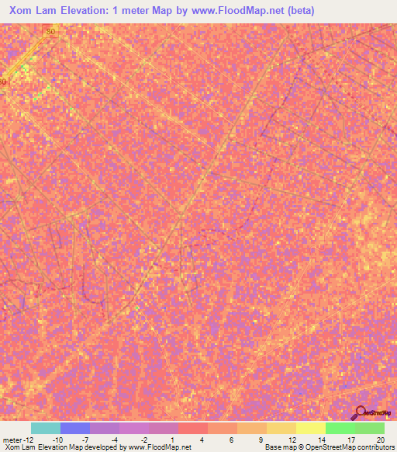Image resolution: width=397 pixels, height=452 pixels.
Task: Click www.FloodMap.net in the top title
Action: click(221, 11)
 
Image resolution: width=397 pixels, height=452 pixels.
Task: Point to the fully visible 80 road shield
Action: click(51, 31)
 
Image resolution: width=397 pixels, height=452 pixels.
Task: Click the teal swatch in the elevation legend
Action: click(46, 428)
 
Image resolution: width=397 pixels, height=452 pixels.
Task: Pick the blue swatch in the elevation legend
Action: click(75, 428)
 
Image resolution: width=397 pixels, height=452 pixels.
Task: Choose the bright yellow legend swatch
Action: click(311, 428)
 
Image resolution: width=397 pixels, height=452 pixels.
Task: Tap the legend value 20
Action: click(379, 440)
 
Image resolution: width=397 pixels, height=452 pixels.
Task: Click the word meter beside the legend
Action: click(12, 440)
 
